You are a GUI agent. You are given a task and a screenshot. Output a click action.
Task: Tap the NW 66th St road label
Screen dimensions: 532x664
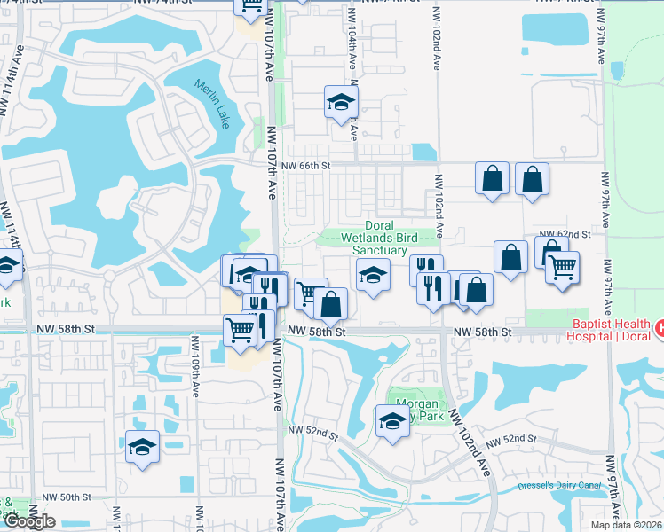[305, 166]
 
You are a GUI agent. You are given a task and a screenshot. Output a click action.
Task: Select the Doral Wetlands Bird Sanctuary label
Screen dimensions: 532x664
[380, 239]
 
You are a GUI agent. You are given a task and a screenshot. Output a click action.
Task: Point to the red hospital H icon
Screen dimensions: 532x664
[659, 328]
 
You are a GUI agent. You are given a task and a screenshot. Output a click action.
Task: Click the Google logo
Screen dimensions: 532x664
[29, 521]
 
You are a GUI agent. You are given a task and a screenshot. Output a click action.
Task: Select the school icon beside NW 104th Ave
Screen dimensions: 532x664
[340, 103]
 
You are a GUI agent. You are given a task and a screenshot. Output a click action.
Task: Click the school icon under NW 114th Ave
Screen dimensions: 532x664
[7, 267]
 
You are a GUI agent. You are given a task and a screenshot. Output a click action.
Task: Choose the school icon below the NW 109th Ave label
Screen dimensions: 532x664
[142, 449]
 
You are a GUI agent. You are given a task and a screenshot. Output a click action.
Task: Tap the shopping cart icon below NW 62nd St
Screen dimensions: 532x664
[562, 267]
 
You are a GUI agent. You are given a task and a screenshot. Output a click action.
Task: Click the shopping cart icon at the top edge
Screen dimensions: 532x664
[251, 5]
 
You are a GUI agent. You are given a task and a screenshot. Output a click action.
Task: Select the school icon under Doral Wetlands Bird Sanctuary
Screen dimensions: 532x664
[374, 275]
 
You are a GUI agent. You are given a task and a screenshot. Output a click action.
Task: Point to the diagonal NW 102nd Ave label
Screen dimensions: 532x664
[469, 443]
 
